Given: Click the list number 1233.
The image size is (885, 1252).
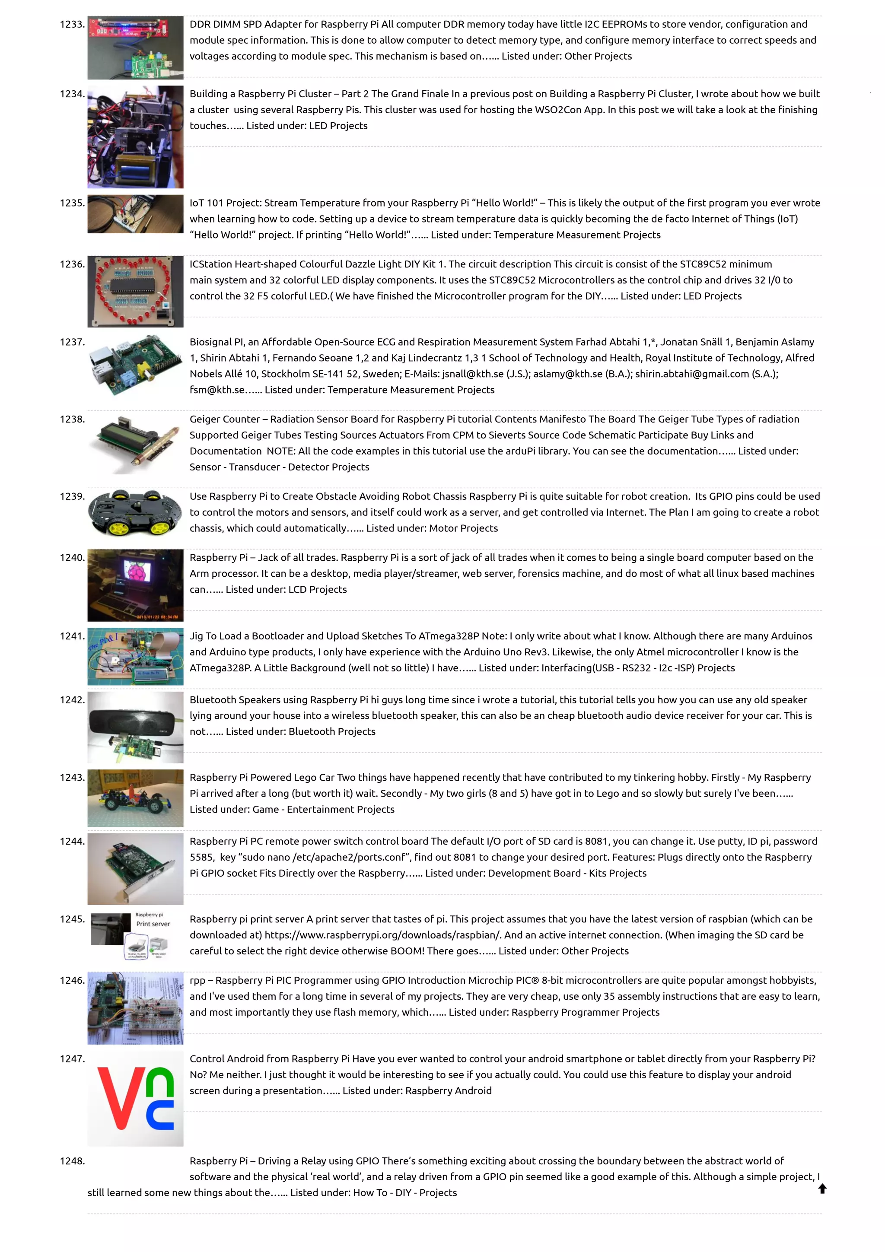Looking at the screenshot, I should pos(72,25).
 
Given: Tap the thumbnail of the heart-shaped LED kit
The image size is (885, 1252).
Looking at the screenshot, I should pos(135,291).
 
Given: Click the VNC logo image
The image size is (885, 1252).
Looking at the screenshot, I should pos(135,1098).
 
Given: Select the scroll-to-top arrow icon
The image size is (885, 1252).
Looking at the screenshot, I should pos(822,1188).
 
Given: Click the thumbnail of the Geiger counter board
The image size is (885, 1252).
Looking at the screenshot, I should pos(135,443).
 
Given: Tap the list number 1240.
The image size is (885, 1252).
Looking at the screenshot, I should pos(72,558).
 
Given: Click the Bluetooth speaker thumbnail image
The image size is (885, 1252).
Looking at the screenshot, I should pos(135,727).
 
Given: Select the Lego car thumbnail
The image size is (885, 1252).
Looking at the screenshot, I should pos(135,798).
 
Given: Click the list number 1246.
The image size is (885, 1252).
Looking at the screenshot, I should pos(72,980).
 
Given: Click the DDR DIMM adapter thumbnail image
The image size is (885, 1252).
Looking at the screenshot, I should pos(135,48).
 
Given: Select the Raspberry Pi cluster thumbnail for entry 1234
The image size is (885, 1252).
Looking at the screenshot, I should pos(135,137).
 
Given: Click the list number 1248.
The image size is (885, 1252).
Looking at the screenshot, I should pos(72,1161).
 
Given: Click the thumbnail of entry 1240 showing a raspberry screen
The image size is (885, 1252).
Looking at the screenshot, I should pos(135,585).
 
